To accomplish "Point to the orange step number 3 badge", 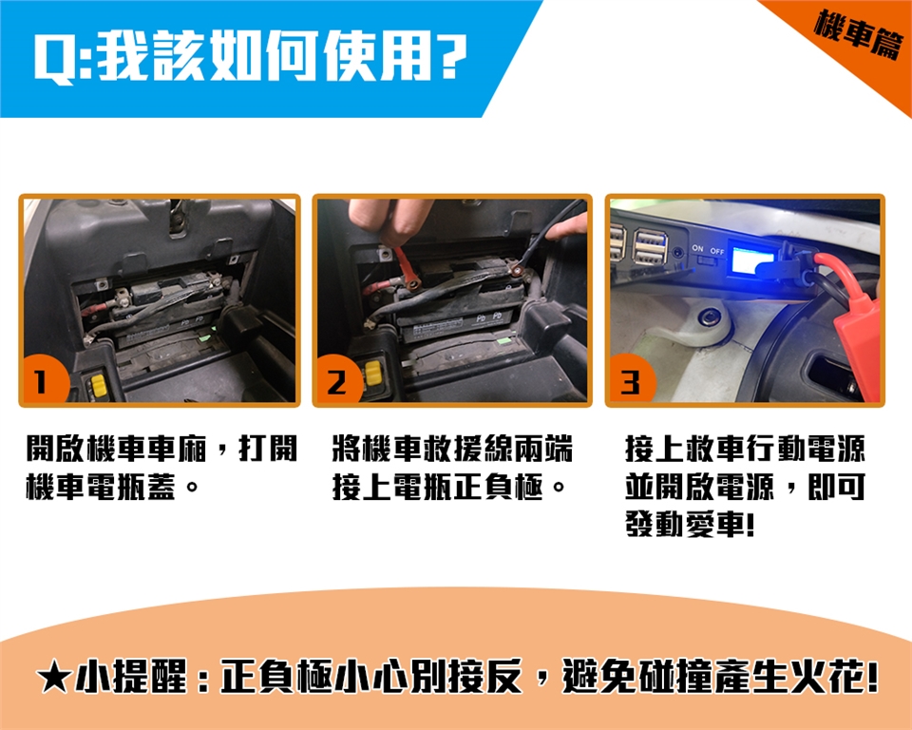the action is tap(631, 380).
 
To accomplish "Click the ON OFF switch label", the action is tap(708, 250).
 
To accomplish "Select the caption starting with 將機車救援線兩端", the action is tap(452, 467).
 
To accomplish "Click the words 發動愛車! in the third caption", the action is tap(691, 524).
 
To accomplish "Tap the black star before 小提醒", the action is tap(53, 678).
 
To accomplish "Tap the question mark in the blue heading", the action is tap(449, 57).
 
